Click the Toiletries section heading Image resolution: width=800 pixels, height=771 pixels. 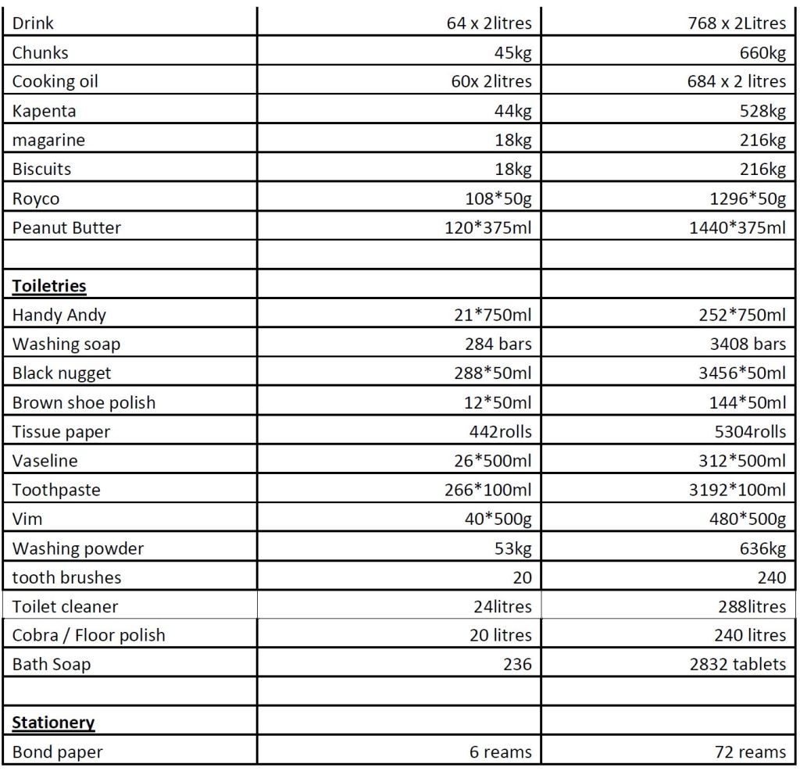[49, 286]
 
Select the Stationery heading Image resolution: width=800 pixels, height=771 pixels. [53, 723]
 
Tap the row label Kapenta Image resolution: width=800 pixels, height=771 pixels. [45, 111]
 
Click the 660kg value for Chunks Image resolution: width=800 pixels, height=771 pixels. [762, 53]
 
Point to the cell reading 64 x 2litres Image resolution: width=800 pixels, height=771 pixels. [489, 23]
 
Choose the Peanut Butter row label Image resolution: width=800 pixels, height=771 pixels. [66, 228]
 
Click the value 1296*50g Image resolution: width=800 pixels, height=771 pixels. [748, 199]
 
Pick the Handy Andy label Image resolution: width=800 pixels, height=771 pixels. [59, 316]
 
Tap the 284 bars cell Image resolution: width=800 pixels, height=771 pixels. [498, 344]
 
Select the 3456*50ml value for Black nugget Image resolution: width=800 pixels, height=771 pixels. [742, 373]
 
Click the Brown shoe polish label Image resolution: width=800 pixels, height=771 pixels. [84, 403]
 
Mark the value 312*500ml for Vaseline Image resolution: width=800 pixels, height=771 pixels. [742, 461]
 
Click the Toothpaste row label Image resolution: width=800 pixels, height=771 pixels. [56, 491]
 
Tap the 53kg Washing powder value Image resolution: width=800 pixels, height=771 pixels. [513, 548]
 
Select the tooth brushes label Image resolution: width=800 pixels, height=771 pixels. [66, 578]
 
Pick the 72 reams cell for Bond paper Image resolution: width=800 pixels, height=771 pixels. [751, 752]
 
